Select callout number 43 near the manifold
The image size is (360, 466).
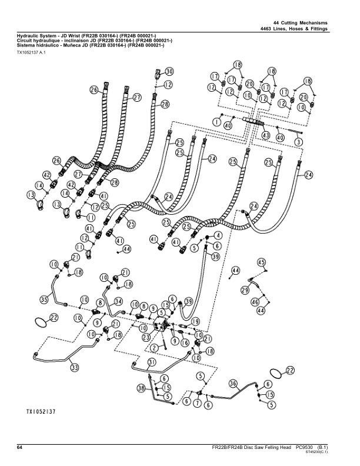[x=265, y=135]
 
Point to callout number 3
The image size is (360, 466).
[x=299, y=142]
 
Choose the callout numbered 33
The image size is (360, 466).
[x=75, y=368]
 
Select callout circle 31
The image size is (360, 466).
[x=152, y=362]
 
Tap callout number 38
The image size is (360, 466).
[x=142, y=388]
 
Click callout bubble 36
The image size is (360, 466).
[x=233, y=384]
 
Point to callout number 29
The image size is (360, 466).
[x=245, y=289]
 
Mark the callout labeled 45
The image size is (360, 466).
[x=261, y=262]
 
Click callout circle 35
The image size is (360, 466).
[x=45, y=299]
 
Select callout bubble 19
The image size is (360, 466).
[x=195, y=321]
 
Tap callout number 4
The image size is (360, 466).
[x=218, y=235]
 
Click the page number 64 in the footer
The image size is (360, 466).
[x=19, y=448]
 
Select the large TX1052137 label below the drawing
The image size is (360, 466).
[x=41, y=412]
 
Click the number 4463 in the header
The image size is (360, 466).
[x=265, y=29]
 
